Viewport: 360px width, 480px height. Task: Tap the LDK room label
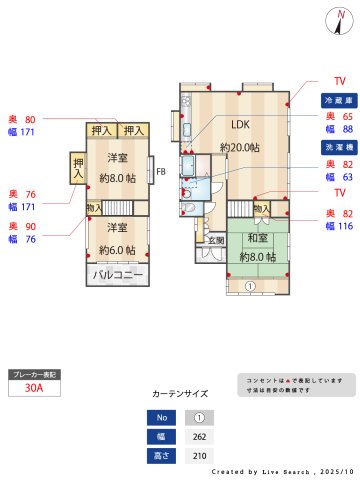click(240, 125)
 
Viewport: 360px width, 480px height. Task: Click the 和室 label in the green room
click(256, 238)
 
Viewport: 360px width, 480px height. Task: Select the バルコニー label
click(119, 274)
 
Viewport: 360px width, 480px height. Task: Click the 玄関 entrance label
click(216, 240)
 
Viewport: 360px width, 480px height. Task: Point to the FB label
click(160, 172)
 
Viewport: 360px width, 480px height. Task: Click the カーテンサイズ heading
click(180, 394)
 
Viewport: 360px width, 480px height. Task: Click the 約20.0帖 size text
click(240, 147)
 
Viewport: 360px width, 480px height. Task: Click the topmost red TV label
click(339, 80)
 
